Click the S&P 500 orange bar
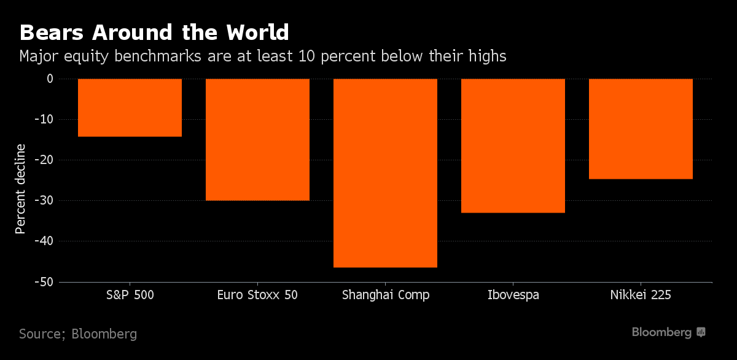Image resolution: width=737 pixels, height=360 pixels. (130, 108)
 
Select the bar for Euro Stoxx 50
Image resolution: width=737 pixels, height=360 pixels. (257, 139)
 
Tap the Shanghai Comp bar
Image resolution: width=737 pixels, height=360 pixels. (385, 173)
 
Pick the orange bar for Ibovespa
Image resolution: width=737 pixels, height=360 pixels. (513, 146)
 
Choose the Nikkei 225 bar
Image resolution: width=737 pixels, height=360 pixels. (641, 129)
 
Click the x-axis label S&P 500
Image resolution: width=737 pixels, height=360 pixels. (130, 295)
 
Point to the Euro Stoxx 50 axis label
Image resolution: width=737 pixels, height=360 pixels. (257, 295)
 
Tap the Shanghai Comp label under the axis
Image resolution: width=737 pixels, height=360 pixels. (385, 295)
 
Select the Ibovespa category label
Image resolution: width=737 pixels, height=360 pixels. (513, 295)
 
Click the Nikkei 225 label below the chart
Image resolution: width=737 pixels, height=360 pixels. (641, 295)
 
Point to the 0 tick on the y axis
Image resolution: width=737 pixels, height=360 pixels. (50, 79)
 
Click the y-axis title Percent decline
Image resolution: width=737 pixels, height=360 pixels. (21, 189)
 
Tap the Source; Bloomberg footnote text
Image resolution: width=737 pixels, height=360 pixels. (78, 334)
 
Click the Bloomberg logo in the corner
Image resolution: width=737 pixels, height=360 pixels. (669, 332)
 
